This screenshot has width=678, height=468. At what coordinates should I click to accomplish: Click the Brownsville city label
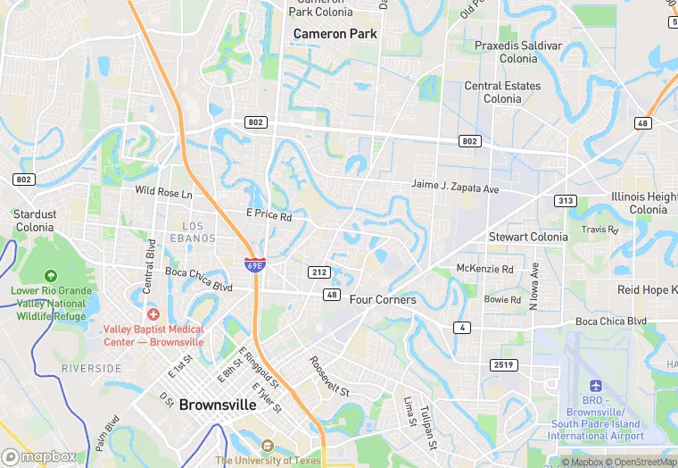click(218, 405)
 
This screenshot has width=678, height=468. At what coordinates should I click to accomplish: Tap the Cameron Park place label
click(335, 34)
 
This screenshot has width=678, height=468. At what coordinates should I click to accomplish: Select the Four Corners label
click(383, 300)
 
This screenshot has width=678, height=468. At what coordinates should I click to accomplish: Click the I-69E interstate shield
click(254, 264)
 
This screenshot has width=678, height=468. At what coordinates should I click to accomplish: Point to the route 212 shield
click(320, 272)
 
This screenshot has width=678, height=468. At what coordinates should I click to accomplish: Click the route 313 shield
click(565, 201)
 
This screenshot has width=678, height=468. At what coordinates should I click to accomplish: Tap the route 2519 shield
click(504, 364)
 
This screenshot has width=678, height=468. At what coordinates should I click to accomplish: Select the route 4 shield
click(461, 328)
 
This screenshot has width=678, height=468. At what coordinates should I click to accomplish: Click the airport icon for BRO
click(596, 384)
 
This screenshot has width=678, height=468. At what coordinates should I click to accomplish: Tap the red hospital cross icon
click(153, 313)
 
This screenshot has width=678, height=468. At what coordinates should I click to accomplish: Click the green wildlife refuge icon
click(51, 275)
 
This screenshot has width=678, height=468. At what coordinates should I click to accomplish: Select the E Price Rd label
click(269, 216)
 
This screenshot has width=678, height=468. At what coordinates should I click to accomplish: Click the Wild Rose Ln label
click(163, 192)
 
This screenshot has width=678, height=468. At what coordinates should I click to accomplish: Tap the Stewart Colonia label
click(528, 237)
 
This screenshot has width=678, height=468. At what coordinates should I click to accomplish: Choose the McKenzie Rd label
click(484, 269)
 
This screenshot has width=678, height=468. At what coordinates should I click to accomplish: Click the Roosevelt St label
click(329, 376)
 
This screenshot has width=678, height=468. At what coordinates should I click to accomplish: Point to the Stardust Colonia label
click(35, 221)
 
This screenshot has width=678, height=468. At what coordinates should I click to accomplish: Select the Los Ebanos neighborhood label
click(199, 232)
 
